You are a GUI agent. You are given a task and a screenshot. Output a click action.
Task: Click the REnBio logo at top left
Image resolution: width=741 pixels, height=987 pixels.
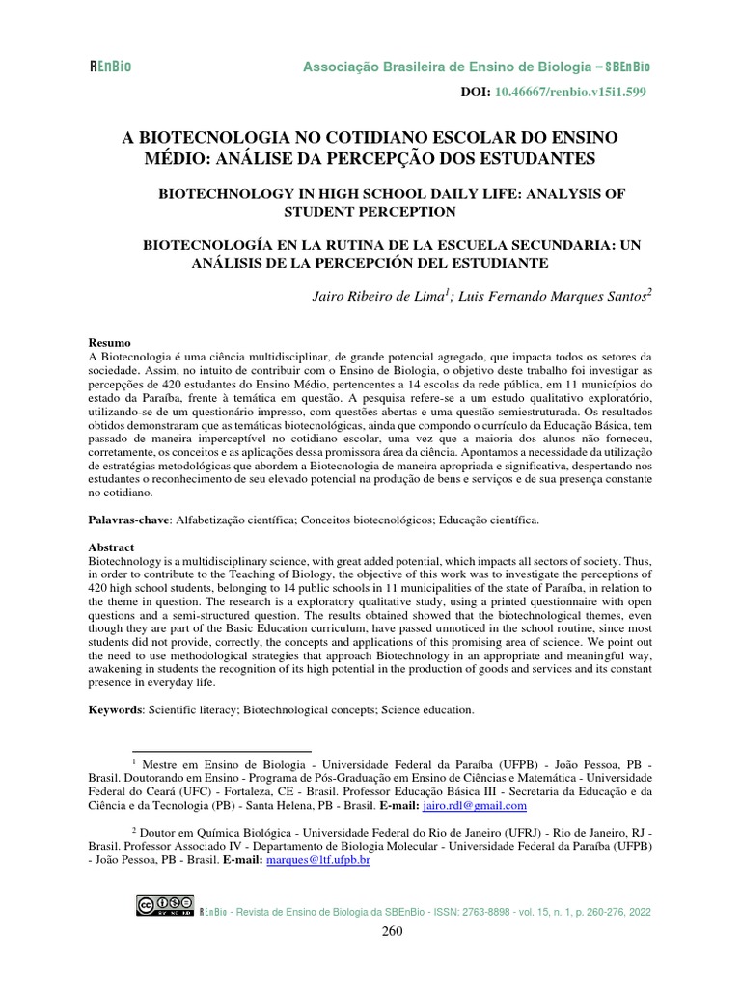(x=110, y=67)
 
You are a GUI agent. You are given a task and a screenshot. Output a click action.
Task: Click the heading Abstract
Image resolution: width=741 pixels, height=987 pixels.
(x=112, y=546)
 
